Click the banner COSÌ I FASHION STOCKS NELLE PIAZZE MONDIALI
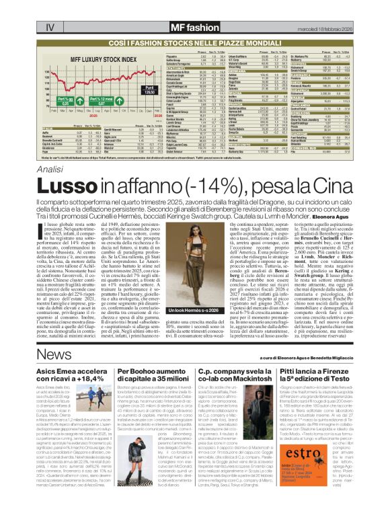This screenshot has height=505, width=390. click(x=194, y=24)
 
